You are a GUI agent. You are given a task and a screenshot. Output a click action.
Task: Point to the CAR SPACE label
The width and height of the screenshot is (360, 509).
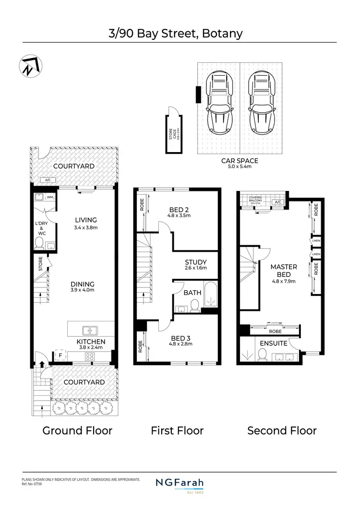tap(240, 161)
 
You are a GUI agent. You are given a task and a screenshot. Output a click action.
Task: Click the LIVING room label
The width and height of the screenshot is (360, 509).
tap(86, 220)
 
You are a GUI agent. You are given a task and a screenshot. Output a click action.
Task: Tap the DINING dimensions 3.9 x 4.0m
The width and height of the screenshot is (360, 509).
tap(82, 290)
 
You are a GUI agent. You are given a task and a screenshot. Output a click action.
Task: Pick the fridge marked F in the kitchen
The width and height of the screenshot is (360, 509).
tap(60, 356)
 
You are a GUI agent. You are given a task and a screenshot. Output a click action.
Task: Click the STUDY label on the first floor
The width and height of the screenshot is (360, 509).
tap(195, 262)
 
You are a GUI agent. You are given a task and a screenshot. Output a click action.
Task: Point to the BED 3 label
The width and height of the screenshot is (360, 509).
tap(180, 337)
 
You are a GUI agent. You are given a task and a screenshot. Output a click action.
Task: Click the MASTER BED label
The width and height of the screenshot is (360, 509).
tap(284, 270)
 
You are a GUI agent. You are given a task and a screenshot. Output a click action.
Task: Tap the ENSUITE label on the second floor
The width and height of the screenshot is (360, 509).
tap(274, 343)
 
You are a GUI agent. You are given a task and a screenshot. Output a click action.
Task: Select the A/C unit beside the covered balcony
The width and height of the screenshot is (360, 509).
tap(278, 202)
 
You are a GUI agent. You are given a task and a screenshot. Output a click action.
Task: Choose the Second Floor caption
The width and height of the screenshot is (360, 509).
tap(282, 430)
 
